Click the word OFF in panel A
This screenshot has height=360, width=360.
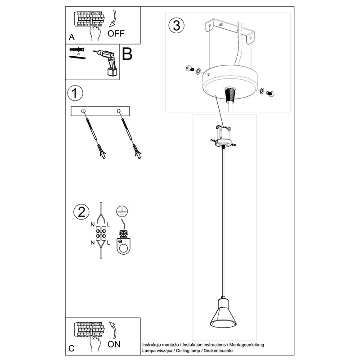click(116, 33)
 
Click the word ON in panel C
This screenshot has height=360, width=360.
click(114, 344)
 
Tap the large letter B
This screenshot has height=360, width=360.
click(127, 54)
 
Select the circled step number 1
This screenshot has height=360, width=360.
click(75, 93)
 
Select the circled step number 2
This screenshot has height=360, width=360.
click(81, 211)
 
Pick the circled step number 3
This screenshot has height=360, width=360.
click(176, 25)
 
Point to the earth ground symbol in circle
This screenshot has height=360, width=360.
click(122, 211)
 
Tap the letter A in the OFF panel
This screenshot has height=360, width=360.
click(72, 37)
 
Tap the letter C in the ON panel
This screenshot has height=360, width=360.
click(72, 348)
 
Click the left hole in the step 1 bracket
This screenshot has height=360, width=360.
click(83, 111)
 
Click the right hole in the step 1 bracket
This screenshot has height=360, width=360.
click(119, 111)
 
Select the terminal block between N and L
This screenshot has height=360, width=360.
click(101, 234)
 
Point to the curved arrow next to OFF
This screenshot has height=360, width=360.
click(113, 18)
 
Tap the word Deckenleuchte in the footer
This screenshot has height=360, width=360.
click(218, 351)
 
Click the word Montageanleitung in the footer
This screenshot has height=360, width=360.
click(247, 345)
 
